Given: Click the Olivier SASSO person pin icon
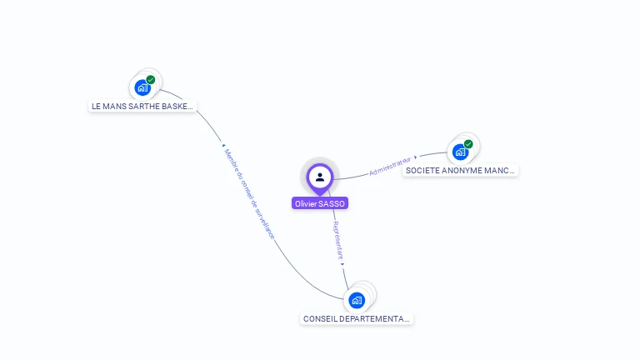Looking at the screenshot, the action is (320, 177).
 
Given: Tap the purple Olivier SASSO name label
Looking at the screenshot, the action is (320, 203).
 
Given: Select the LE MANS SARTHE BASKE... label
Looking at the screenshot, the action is (142, 107).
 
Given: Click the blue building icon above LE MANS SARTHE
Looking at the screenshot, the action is (142, 87).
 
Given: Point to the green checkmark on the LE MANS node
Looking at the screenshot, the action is (151, 80).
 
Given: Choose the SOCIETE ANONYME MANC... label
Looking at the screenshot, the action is (460, 171).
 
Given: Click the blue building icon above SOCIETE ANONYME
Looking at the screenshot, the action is (459, 152).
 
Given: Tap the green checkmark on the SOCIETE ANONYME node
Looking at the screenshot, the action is (468, 144).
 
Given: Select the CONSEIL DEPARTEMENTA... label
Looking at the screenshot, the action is (357, 319).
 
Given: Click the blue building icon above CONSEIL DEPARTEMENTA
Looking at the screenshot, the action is (357, 300).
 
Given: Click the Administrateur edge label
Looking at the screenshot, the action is (390, 165).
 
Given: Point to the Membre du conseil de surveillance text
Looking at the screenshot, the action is (248, 192).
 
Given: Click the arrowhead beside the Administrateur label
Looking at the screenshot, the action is (416, 157).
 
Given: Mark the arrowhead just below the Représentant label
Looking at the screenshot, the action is (342, 264).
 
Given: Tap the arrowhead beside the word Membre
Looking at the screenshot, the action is (223, 145).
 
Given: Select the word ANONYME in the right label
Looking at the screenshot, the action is (465, 171).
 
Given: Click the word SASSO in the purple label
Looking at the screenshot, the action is (332, 203).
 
